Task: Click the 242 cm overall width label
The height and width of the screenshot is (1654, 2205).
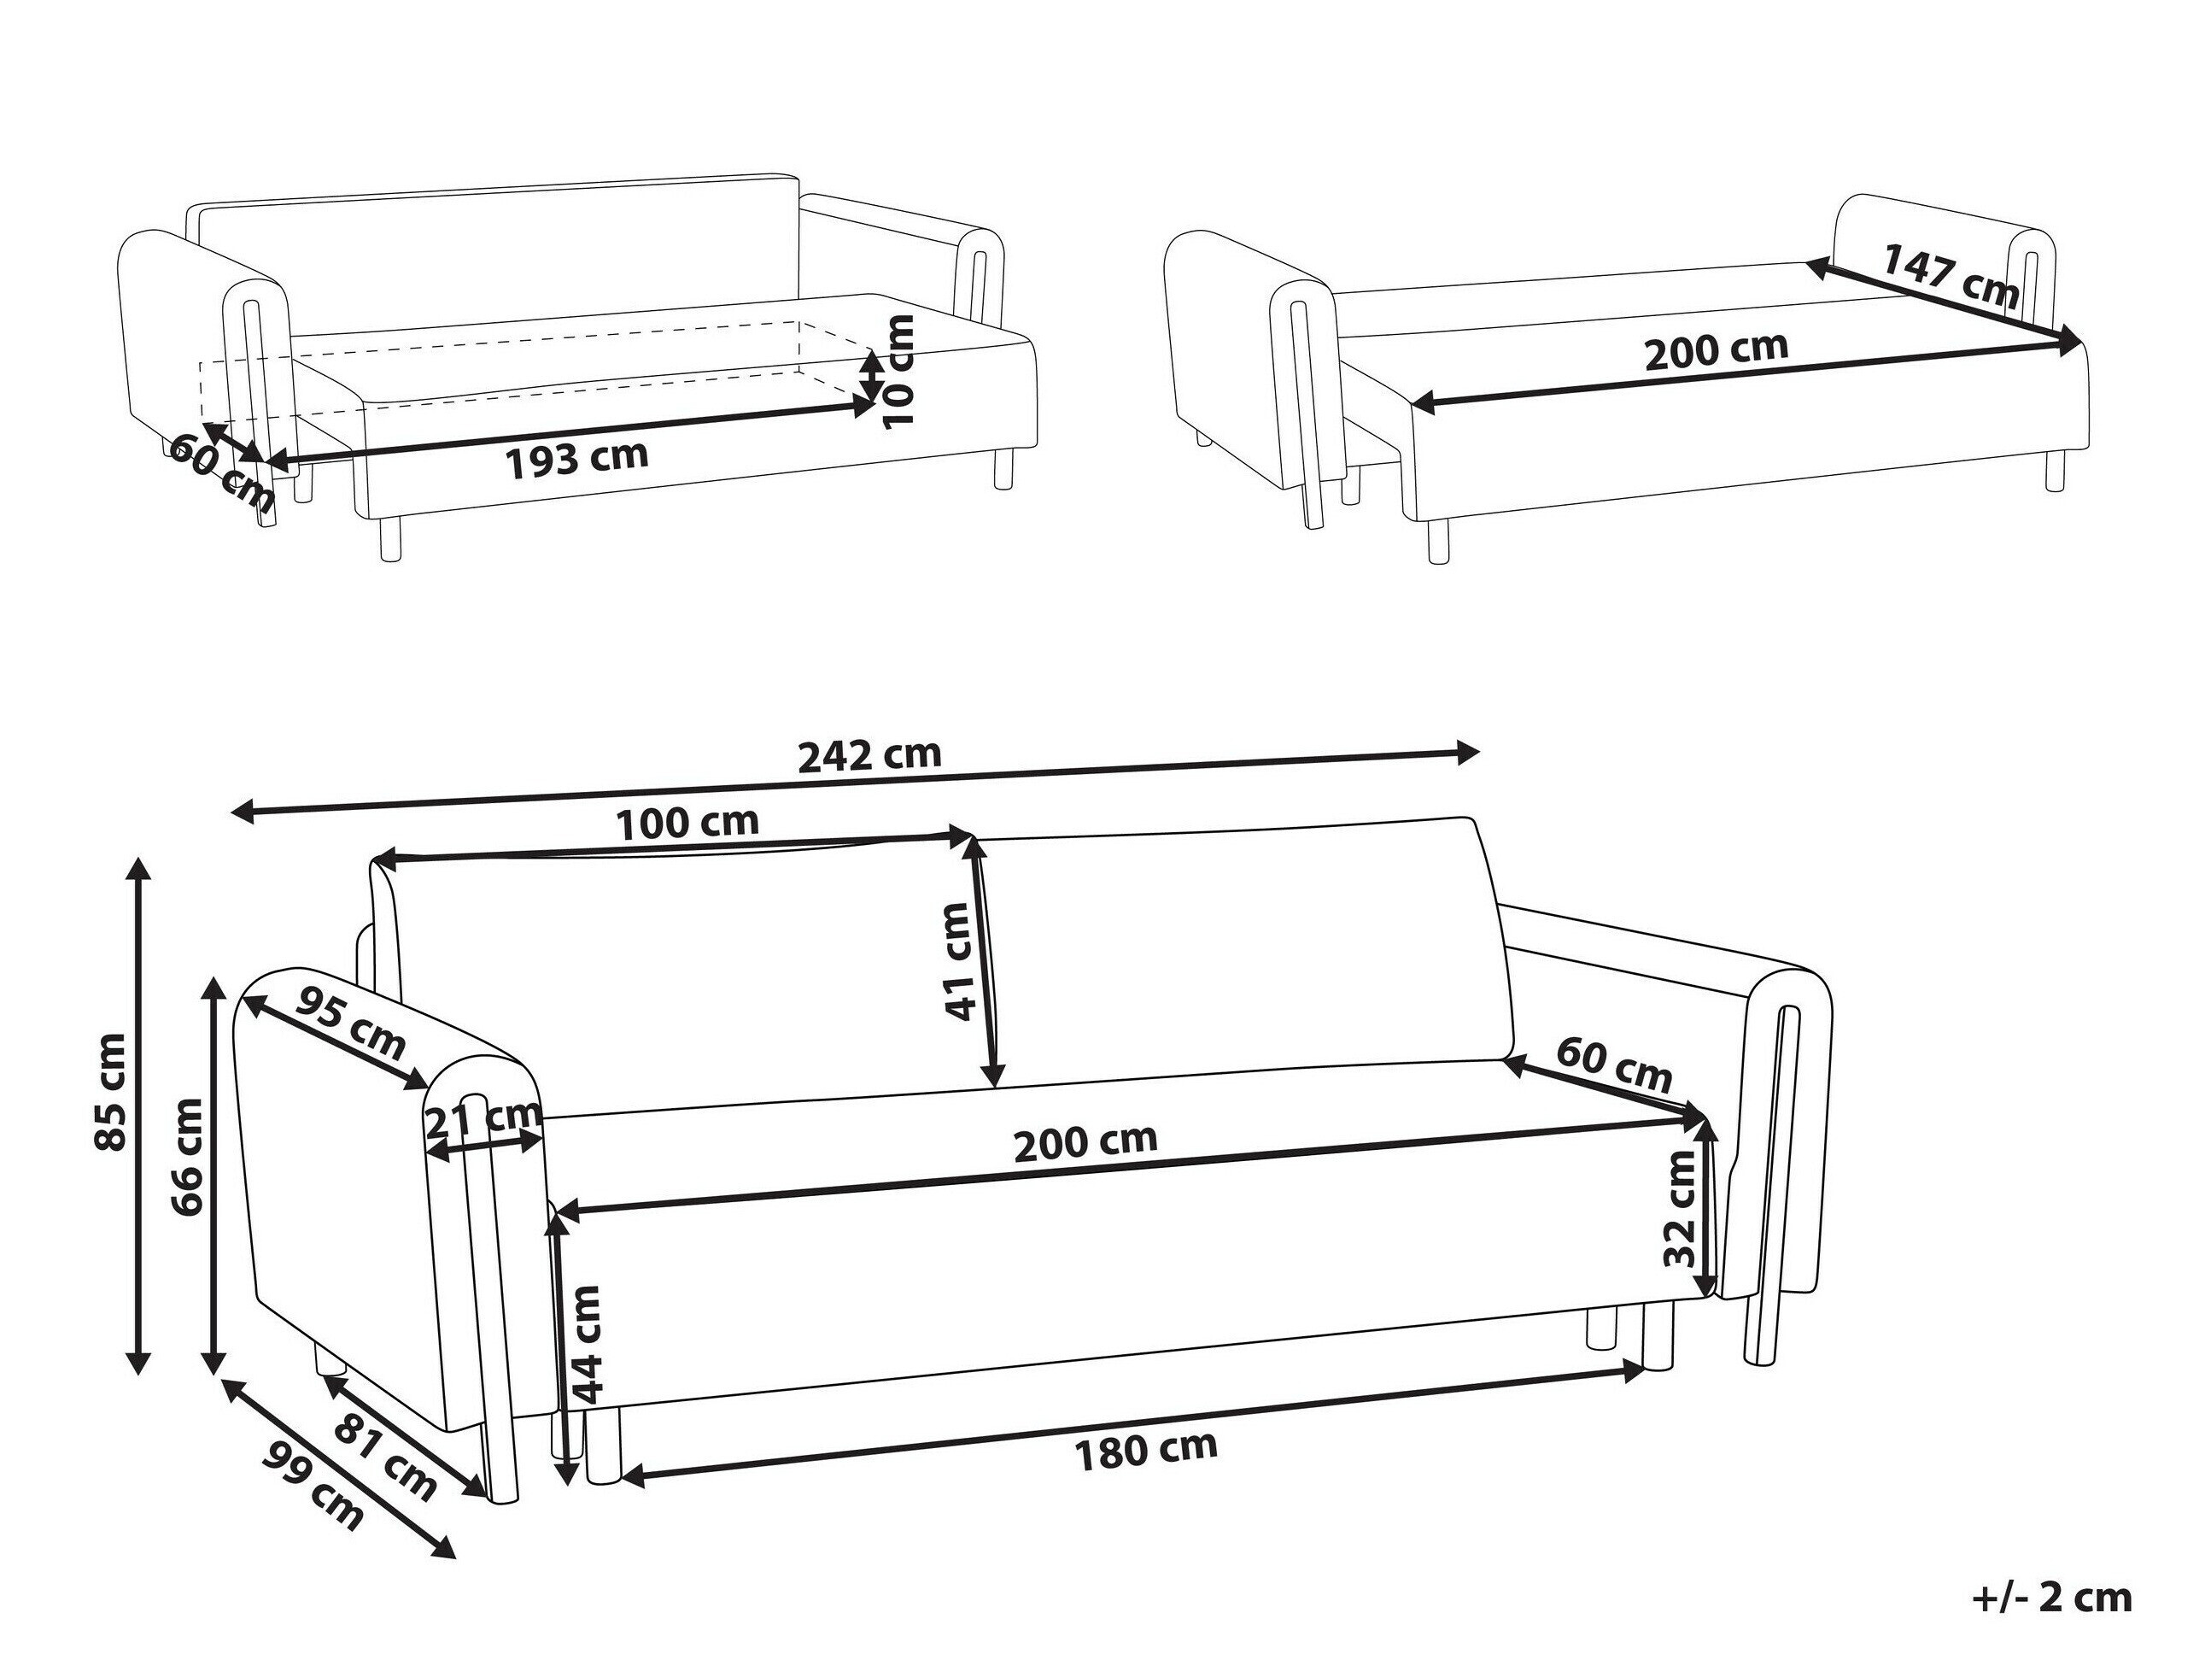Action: point(869,754)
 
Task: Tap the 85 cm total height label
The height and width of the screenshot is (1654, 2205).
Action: point(111,1093)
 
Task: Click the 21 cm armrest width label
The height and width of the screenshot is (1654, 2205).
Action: point(483,1123)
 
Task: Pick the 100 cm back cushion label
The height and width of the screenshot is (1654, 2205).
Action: point(687,824)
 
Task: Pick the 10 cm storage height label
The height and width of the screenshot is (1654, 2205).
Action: point(899,371)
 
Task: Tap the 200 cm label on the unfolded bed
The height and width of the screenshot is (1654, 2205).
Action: point(1716,350)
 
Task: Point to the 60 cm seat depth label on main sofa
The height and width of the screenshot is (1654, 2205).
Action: point(1614,1065)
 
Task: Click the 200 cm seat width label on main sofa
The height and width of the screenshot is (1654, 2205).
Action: point(1085,1142)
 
